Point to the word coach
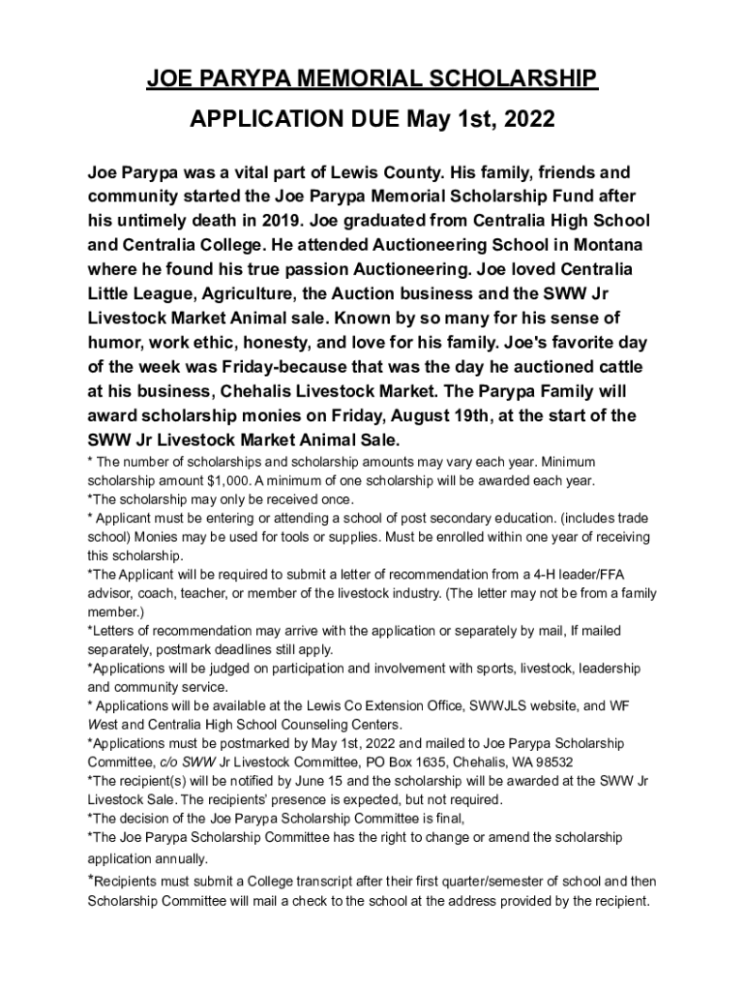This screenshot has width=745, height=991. [x=166, y=594]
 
